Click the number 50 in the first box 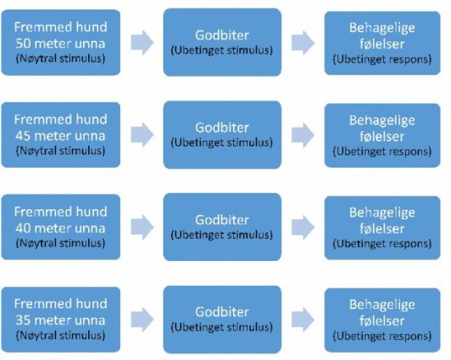pyautogui.click(x=23, y=43)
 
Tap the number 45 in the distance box pyautogui.click(x=23, y=136)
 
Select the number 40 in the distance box pyautogui.click(x=23, y=228)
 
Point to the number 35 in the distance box pyautogui.click(x=23, y=320)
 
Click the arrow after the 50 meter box pyautogui.click(x=142, y=43)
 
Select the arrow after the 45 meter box pyautogui.click(x=142, y=135)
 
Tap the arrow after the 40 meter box pyautogui.click(x=142, y=227)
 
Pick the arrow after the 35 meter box pyautogui.click(x=142, y=319)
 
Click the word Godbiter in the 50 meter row pyautogui.click(x=222, y=35)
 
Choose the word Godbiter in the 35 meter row pyautogui.click(x=222, y=312)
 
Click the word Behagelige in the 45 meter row pyautogui.click(x=382, y=120)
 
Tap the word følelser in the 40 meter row pyautogui.click(x=382, y=228)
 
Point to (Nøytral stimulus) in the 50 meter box pyautogui.click(x=61, y=59)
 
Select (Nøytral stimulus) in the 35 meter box pyautogui.click(x=61, y=336)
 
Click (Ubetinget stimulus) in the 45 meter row pyautogui.click(x=222, y=143)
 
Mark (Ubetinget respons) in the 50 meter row pyautogui.click(x=382, y=59)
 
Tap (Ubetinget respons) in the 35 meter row pyautogui.click(x=382, y=336)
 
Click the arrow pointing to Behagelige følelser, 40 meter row pyautogui.click(x=303, y=227)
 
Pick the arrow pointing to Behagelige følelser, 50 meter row pyautogui.click(x=303, y=43)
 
